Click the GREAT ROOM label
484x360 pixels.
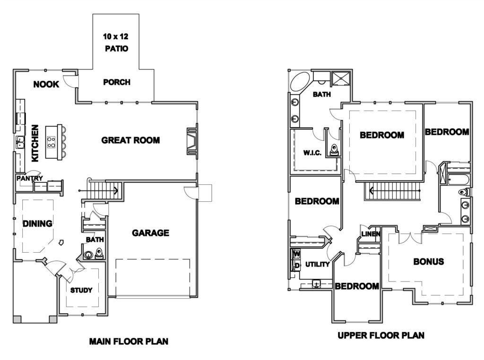pyautogui.click(x=130, y=140)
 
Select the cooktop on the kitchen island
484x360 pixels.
pyautogui.click(x=51, y=142)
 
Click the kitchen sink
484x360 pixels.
pyautogui.click(x=20, y=143)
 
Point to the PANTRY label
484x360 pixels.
pyautogui.click(x=30, y=178)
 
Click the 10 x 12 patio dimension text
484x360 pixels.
pyautogui.click(x=116, y=36)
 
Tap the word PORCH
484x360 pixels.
pyautogui.click(x=117, y=82)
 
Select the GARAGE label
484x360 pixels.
pyautogui.click(x=151, y=232)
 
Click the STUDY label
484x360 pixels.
pyautogui.click(x=81, y=290)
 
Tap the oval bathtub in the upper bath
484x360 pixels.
pyautogui.click(x=300, y=82)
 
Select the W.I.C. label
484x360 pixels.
pyautogui.click(x=312, y=153)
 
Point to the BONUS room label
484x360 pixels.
pyautogui.click(x=429, y=262)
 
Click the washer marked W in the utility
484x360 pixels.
pyautogui.click(x=296, y=254)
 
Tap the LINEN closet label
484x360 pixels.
pyautogui.click(x=371, y=234)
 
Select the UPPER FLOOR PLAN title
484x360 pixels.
pyautogui.click(x=381, y=335)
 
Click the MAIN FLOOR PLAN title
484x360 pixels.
pyautogui.click(x=129, y=342)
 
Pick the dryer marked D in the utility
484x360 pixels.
pyautogui.click(x=296, y=266)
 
